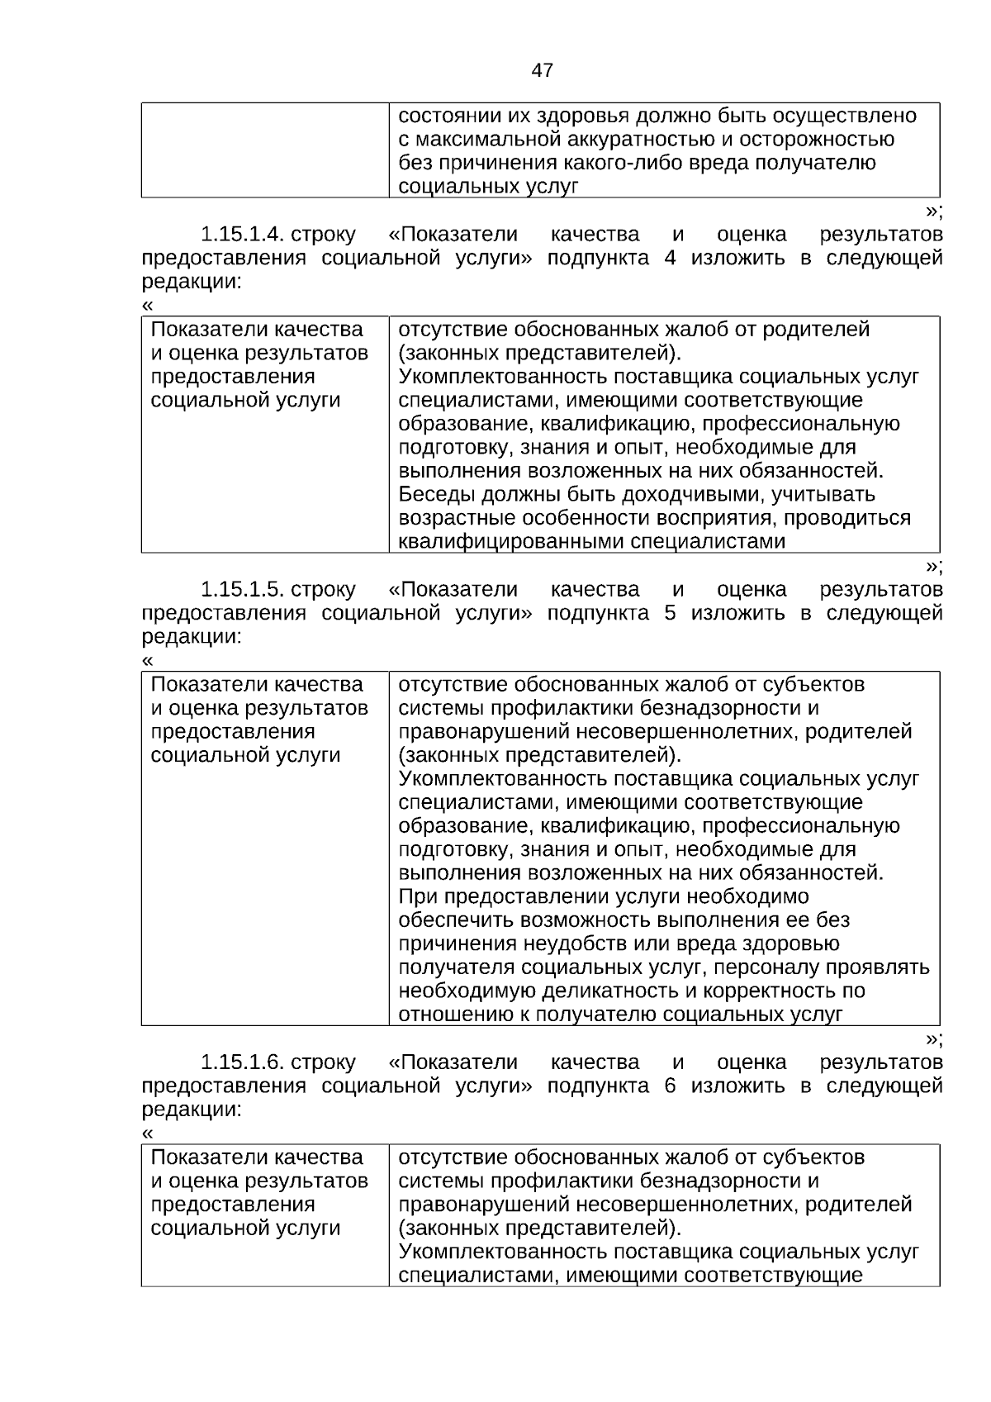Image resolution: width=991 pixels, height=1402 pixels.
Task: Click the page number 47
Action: [542, 70]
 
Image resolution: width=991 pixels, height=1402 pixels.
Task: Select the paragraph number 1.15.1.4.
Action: [243, 235]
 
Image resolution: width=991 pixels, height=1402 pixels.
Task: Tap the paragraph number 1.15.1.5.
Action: [243, 590]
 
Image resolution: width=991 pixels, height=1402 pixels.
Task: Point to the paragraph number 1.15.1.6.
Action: [243, 1062]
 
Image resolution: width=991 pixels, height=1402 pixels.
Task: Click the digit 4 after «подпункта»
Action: [670, 259]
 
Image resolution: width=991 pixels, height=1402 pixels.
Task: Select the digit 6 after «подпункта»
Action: [670, 1086]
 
